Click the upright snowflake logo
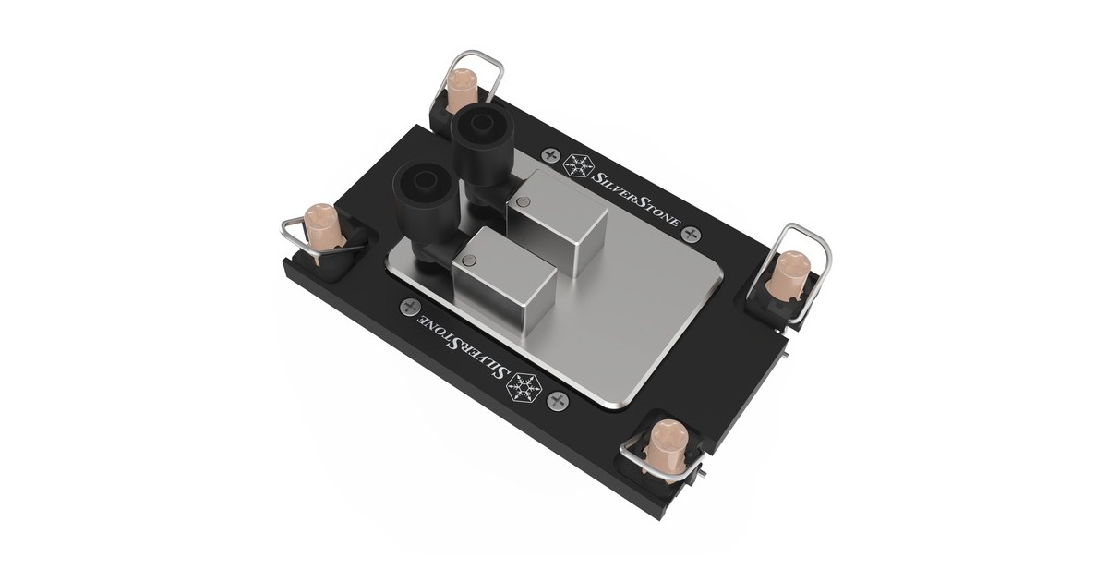[x=578, y=165]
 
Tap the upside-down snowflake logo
[x=524, y=386]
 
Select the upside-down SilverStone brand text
[x=463, y=346]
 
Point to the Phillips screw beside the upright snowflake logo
[x=549, y=155]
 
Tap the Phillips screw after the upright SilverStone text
[x=693, y=234]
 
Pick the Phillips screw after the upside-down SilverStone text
[x=410, y=307]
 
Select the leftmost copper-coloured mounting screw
[x=321, y=230]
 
